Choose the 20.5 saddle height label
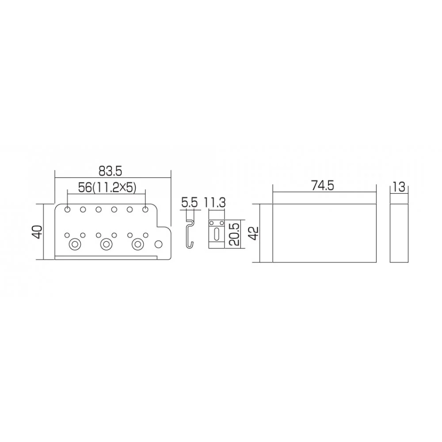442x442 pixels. click(235, 235)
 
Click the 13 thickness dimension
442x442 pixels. click(399, 187)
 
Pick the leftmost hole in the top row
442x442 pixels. click(67, 209)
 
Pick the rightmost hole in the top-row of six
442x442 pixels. click(145, 209)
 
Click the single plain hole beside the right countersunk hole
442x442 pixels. click(158, 244)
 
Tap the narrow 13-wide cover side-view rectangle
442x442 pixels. click(399, 233)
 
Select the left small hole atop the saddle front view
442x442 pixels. click(212, 223)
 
